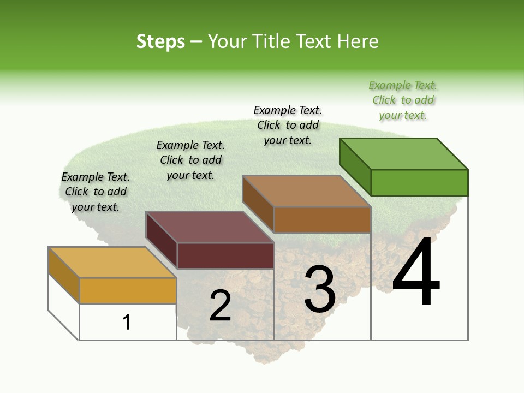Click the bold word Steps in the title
pyautogui.click(x=160, y=41)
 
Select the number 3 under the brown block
pyautogui.click(x=320, y=289)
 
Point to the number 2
pyautogui.click(x=220, y=306)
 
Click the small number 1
pyautogui.click(x=127, y=322)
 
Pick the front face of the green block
pyautogui.click(x=419, y=182)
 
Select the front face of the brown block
pyautogui.click(x=322, y=219)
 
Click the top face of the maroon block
pyautogui.click(x=210, y=227)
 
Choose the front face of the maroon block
pyautogui.click(x=225, y=255)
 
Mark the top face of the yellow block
pyautogui.click(x=112, y=263)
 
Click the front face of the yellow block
pyautogui.click(x=128, y=290)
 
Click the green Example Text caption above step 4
pyautogui.click(x=403, y=100)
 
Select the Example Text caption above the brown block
pyautogui.click(x=288, y=125)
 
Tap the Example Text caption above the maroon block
pyautogui.click(x=190, y=160)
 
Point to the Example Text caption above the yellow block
pyautogui.click(x=96, y=192)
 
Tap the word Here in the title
pyautogui.click(x=358, y=41)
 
